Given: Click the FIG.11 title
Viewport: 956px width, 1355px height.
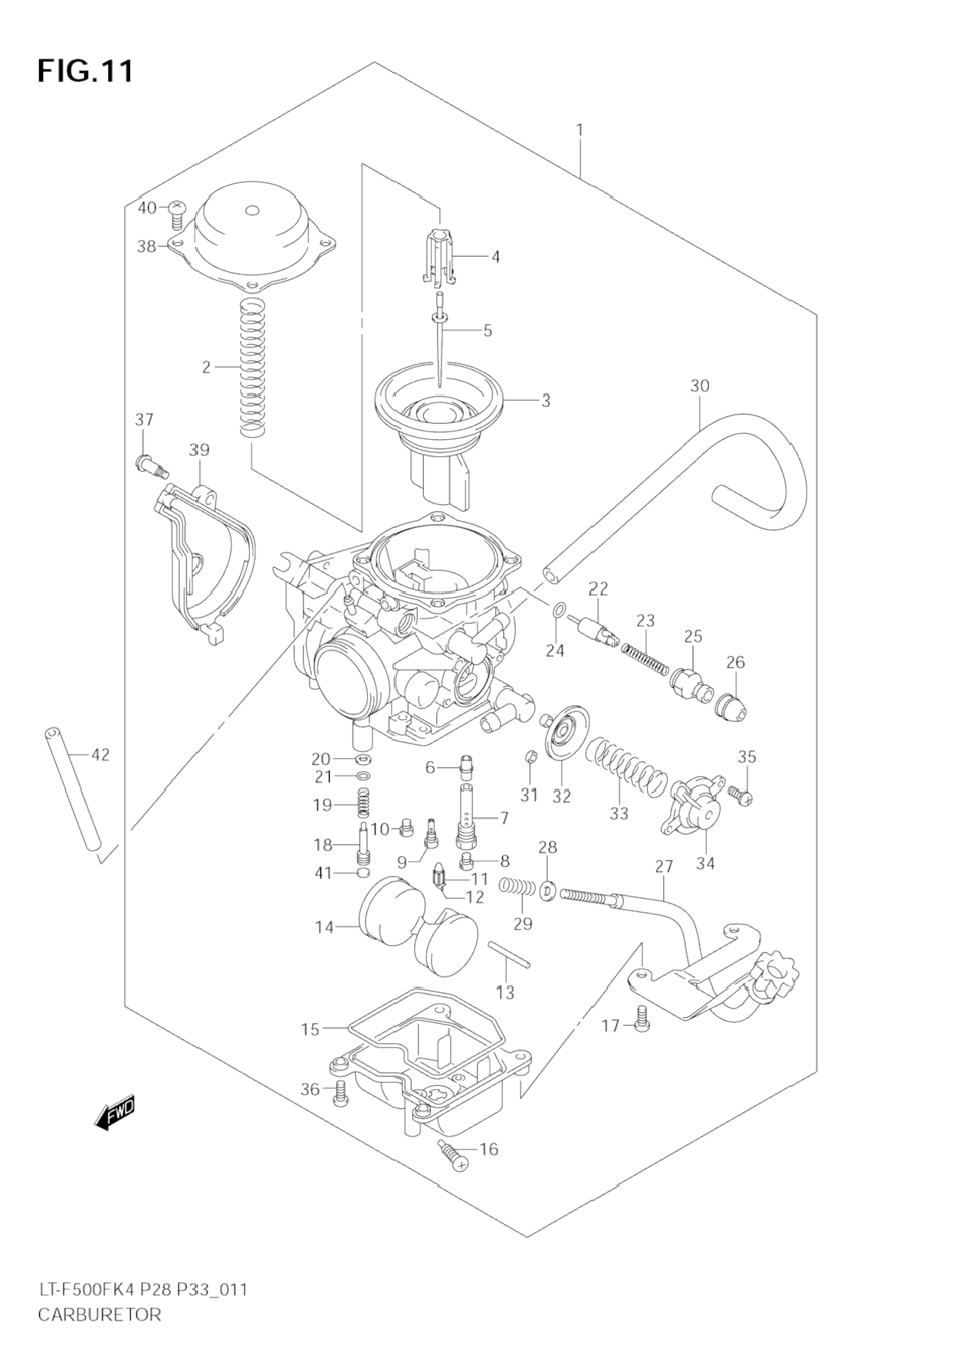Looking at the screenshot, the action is (x=85, y=71).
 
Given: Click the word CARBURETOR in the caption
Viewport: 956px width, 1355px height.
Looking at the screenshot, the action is (x=100, y=1315).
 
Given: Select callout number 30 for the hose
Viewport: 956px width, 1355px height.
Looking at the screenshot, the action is (x=699, y=386).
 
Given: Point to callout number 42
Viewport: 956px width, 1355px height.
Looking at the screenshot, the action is (x=100, y=755).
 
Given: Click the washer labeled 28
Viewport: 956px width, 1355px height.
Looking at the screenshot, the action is (x=547, y=891).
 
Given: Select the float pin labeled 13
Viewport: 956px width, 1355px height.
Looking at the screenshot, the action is (x=508, y=955).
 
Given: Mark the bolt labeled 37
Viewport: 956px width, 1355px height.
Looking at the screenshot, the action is (x=151, y=464).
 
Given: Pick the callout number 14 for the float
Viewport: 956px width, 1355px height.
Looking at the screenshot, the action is (x=324, y=927).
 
